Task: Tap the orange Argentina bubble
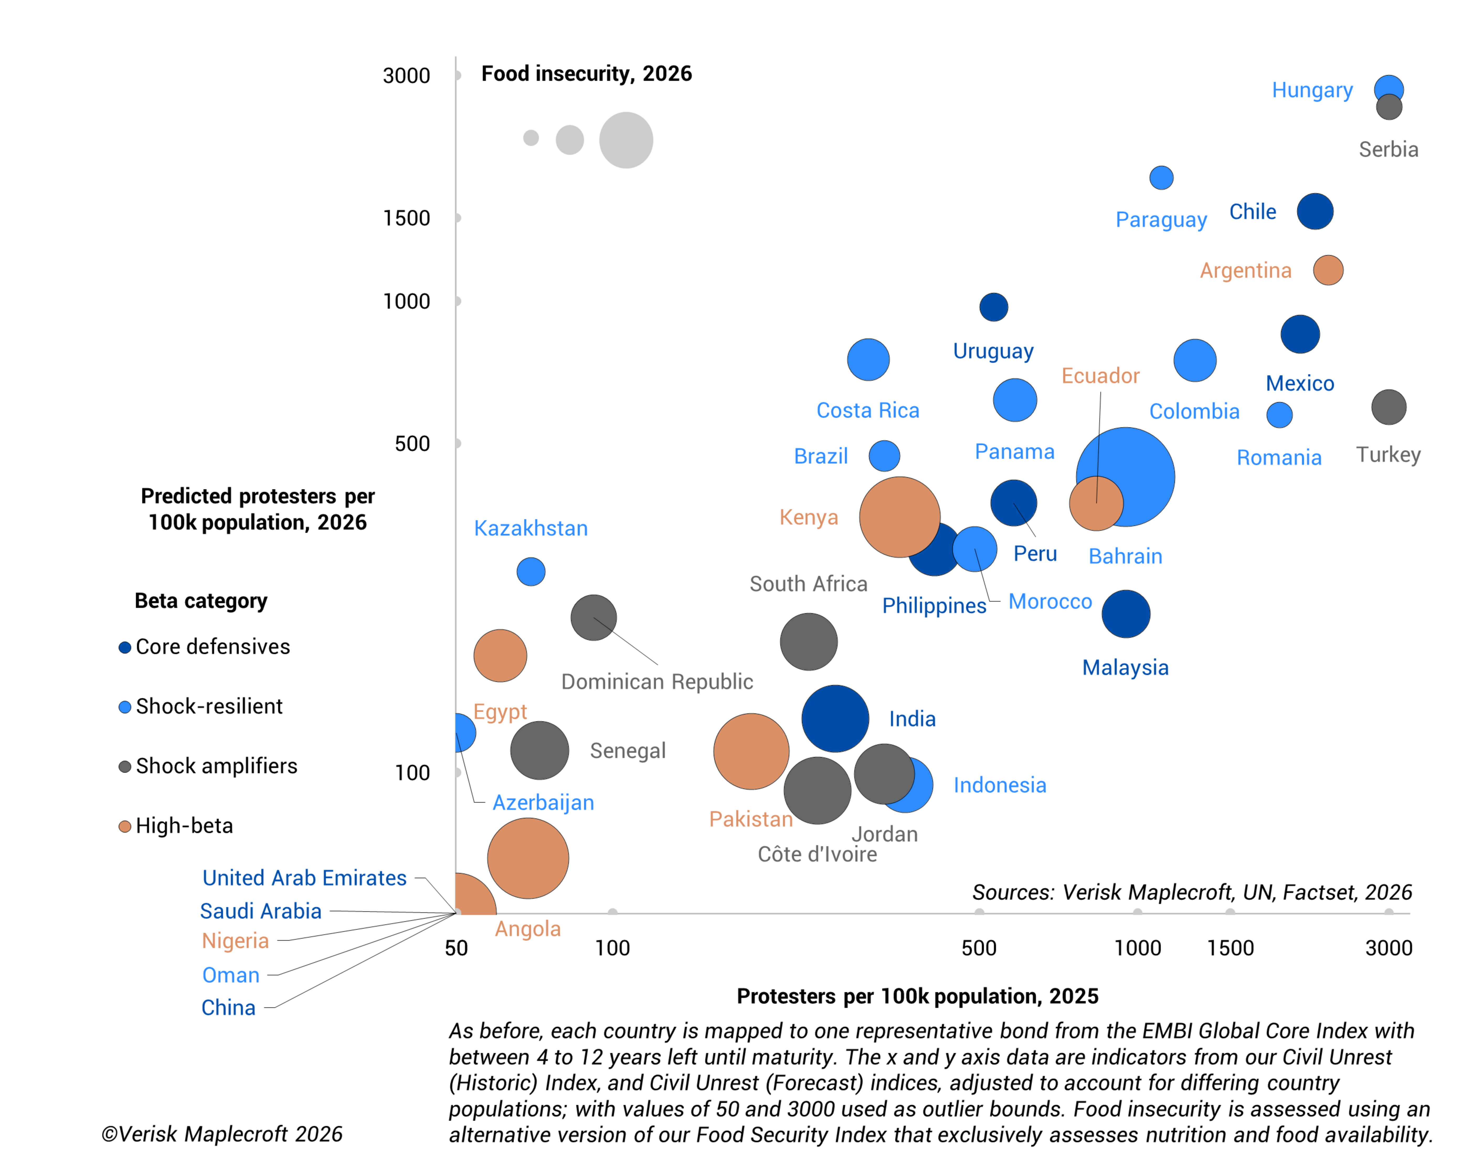(x=1328, y=270)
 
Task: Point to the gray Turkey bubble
(x=1388, y=407)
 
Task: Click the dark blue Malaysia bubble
(x=1126, y=614)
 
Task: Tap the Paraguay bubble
(x=1161, y=178)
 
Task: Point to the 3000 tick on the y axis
(x=406, y=75)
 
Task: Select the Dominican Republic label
(x=656, y=682)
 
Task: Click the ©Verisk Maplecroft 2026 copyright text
(x=222, y=1134)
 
